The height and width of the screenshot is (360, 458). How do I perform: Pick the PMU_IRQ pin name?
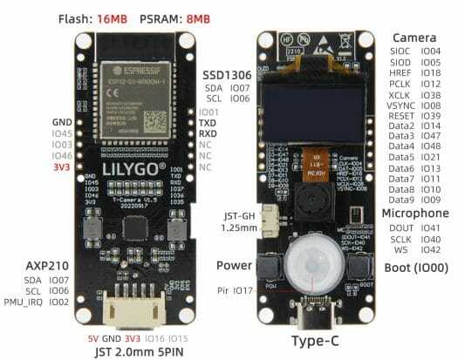click(30, 302)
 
